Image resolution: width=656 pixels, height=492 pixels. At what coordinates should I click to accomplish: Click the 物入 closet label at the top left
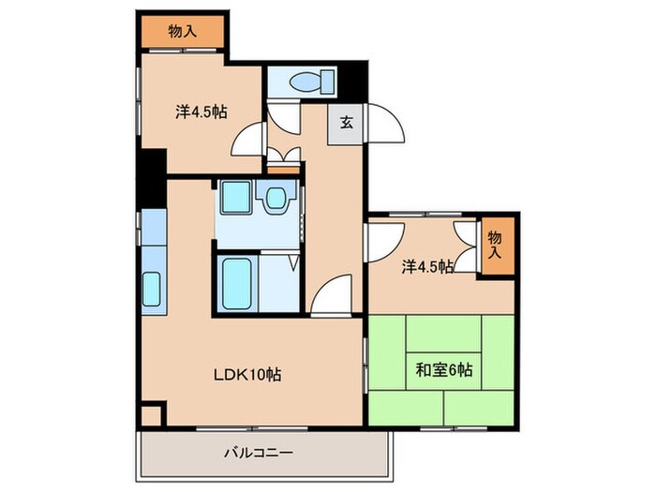(x=183, y=32)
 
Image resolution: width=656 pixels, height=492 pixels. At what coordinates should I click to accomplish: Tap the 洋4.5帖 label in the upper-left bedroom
(x=201, y=112)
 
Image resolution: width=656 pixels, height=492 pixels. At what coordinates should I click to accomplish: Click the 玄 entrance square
(x=346, y=122)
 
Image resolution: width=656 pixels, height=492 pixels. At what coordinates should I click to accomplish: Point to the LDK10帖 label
(x=246, y=375)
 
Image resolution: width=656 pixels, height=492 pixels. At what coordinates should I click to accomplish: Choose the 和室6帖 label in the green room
(x=444, y=369)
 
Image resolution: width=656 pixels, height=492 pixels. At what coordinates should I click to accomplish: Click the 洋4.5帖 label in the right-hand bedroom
(x=428, y=267)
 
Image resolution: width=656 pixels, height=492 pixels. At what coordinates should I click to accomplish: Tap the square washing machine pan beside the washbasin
(x=233, y=198)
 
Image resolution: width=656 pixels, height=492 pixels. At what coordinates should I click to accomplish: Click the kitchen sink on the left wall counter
(x=152, y=289)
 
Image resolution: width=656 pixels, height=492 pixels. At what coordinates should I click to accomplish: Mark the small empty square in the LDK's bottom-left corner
(x=152, y=414)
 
